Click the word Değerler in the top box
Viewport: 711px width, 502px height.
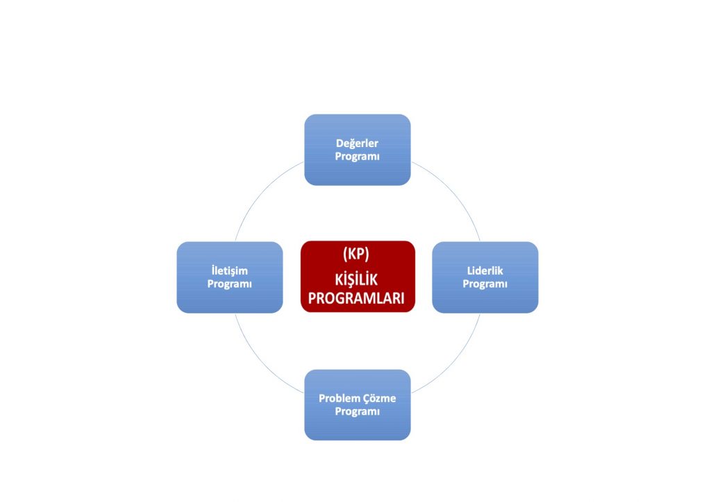357,144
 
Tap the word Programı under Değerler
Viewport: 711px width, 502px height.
357,157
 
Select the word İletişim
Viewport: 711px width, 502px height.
229,271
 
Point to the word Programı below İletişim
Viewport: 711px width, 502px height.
229,284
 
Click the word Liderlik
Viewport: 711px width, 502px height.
485,271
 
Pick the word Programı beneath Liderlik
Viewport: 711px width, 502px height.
485,284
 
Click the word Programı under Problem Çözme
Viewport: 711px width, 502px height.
357,412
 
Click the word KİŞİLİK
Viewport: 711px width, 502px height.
357,280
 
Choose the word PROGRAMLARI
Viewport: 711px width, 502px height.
357,298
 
